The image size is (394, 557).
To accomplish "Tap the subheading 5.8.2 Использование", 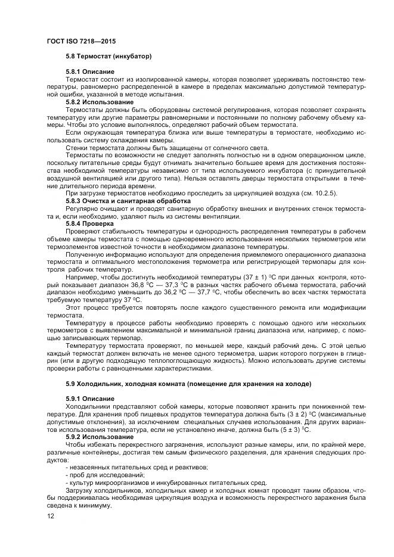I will (x=100, y=102).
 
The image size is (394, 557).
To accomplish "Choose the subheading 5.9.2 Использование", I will (x=100, y=436).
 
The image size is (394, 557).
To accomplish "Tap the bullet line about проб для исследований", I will (x=105, y=475).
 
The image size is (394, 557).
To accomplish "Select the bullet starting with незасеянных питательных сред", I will (x=136, y=467).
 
